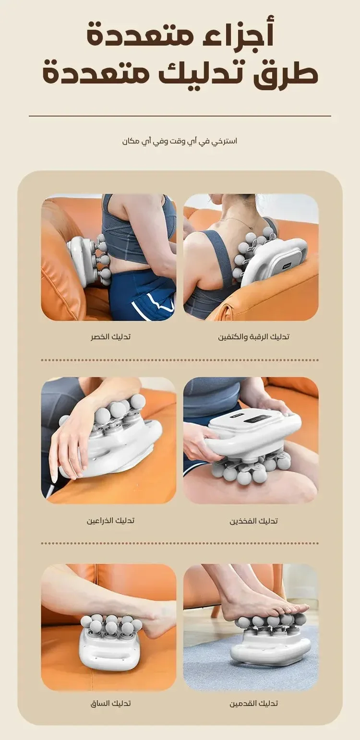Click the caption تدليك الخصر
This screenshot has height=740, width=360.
(x=110, y=337)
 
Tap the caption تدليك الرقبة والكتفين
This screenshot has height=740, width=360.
(x=253, y=337)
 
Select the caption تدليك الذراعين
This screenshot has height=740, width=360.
(x=110, y=521)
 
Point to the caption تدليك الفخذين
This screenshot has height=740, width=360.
(x=253, y=521)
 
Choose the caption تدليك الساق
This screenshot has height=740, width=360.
(x=110, y=704)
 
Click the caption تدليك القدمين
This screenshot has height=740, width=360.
(x=253, y=704)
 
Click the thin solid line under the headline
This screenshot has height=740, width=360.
(x=180, y=116)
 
